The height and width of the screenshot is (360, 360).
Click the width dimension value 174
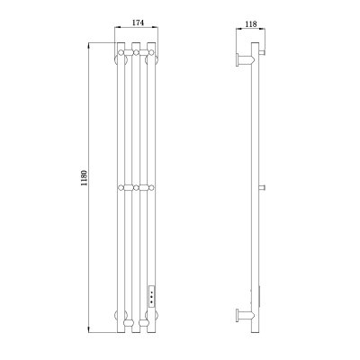tap(139, 22)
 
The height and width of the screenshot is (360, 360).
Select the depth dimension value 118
tap(251, 23)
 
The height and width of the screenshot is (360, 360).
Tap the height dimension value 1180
tap(84, 178)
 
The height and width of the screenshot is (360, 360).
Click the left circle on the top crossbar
tap(121, 53)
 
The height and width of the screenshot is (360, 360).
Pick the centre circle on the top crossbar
tap(136, 53)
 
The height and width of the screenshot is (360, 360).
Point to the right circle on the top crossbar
tap(151, 53)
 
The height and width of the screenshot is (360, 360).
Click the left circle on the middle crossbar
tap(121, 188)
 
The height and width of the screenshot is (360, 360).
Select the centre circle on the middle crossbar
tap(136, 188)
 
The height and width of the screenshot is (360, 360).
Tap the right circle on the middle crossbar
tap(151, 188)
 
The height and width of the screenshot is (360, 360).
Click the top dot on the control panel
tap(151, 292)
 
